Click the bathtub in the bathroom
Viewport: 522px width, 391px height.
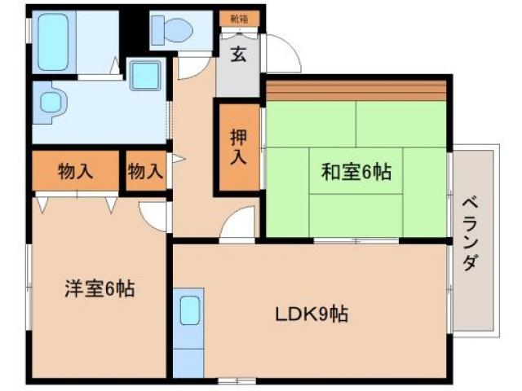(x=55, y=41)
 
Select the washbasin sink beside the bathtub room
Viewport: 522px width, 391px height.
(x=51, y=104)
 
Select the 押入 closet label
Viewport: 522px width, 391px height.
(x=237, y=147)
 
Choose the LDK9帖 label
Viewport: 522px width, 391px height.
(x=311, y=313)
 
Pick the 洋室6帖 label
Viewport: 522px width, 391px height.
(x=99, y=288)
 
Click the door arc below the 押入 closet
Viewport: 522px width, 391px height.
(x=239, y=223)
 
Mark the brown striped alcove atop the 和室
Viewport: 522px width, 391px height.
(x=356, y=89)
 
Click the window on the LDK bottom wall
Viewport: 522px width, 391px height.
(x=237, y=380)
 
